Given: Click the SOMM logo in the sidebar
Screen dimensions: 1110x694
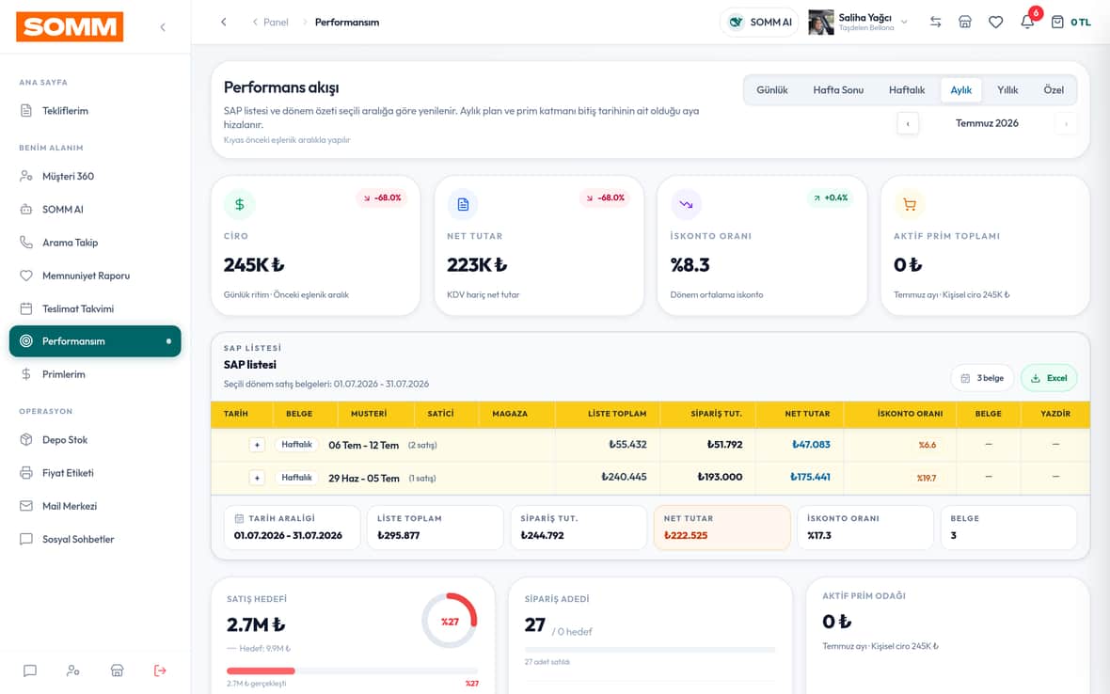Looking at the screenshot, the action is coord(70,27).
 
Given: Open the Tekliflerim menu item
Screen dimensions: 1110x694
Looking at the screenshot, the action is coord(65,111).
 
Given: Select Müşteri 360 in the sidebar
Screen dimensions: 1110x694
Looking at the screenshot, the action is coord(68,176).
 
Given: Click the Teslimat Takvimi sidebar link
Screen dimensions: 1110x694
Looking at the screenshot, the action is coord(78,308).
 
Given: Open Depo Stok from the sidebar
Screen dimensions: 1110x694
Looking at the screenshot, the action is coord(64,440).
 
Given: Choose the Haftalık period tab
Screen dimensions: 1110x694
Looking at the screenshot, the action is coord(907,90).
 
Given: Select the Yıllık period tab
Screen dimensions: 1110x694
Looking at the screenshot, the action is coord(1007,90).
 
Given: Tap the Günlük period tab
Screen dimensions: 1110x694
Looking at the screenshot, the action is coord(771,90).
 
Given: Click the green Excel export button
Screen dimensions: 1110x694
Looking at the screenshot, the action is coord(1049,378).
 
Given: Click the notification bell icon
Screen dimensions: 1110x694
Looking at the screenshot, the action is coord(1027,22).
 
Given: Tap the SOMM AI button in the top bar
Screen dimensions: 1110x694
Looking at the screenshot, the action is coord(759,22).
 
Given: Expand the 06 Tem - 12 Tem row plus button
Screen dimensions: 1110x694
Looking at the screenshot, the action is coord(257,445).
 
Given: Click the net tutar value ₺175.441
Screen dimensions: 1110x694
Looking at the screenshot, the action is coord(810,477).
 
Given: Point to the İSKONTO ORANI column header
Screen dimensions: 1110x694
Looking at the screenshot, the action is coord(910,414).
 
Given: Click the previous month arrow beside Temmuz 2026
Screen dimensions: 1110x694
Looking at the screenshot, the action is coord(908,124).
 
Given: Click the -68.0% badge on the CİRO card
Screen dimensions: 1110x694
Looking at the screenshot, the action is coord(382,198).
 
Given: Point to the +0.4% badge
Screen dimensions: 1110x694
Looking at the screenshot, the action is coord(831,198).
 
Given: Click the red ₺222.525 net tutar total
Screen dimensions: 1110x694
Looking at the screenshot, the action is coord(685,535).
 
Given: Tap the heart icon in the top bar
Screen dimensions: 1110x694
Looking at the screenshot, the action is coord(995,22).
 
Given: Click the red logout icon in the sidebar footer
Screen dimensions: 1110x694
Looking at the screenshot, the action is coord(160,670).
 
